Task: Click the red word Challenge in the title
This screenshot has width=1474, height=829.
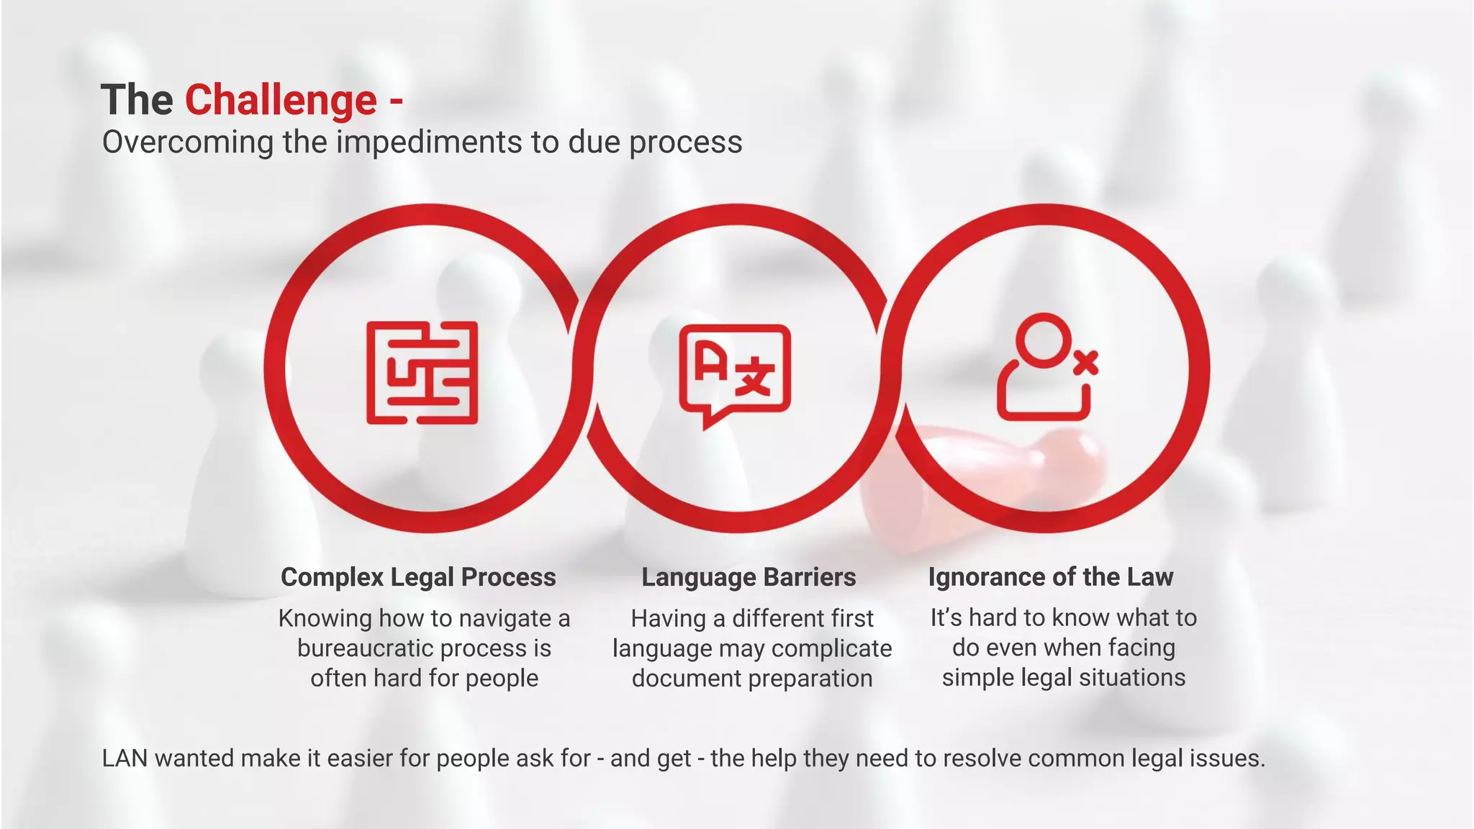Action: [281, 99]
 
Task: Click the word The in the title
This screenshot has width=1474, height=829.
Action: [137, 99]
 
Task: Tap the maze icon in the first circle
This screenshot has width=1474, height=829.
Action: [422, 372]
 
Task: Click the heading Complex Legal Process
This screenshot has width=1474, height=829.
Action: [418, 577]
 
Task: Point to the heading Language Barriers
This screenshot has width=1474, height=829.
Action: [749, 577]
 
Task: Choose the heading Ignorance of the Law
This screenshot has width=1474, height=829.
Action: [1051, 577]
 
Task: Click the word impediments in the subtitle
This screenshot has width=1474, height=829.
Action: [430, 142]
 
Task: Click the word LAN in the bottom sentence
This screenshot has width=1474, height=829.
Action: [125, 758]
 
